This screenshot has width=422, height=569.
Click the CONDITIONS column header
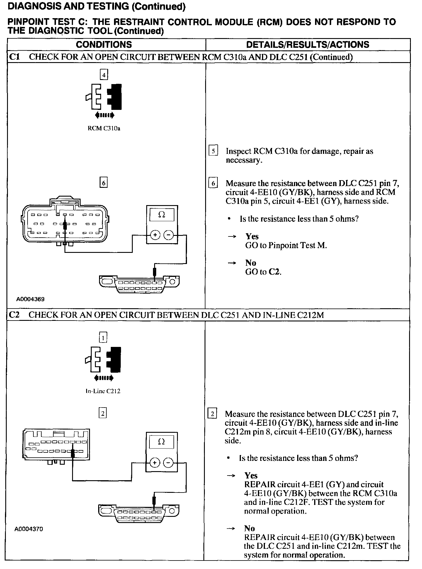click(x=104, y=45)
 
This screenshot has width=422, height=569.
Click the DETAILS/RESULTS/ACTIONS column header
click(x=308, y=45)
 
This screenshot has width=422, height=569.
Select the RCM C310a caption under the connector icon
click(x=104, y=128)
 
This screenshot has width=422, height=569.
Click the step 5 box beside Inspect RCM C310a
click(x=213, y=151)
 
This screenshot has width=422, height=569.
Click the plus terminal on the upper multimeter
click(x=155, y=235)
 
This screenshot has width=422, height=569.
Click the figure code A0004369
click(x=30, y=299)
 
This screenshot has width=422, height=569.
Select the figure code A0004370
click(x=29, y=529)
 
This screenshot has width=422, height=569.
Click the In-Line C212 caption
click(x=103, y=391)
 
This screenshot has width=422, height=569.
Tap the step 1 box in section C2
click(x=103, y=338)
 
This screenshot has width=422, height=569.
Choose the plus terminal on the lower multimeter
click(x=155, y=463)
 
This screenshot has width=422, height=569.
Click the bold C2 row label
click(x=14, y=315)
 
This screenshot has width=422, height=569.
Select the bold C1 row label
click(x=14, y=57)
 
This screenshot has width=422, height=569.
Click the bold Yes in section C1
click(x=252, y=236)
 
